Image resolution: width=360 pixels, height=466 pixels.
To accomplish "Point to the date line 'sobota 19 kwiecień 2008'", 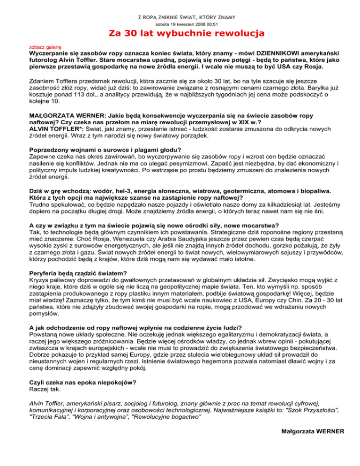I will [180, 24].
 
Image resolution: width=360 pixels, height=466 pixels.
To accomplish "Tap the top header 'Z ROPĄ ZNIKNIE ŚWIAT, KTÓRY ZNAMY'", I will [180, 17].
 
